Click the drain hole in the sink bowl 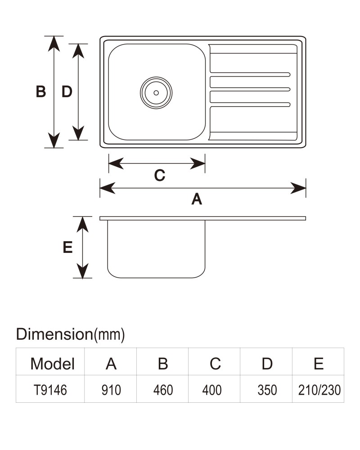tap(156, 93)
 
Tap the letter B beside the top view tap(41, 91)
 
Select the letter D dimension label tap(67, 91)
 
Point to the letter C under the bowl tap(160, 175)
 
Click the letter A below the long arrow tap(197, 199)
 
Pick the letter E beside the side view tap(68, 247)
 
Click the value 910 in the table tap(111, 390)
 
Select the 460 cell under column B tap(163, 390)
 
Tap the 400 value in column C tap(212, 390)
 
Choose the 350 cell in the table tap(267, 390)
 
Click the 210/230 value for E tap(319, 390)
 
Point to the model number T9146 tap(50, 390)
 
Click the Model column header tap(52, 364)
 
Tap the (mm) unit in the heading tap(109, 335)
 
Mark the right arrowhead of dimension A tap(298, 188)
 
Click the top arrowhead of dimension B tap(54, 43)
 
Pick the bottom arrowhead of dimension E tap(82, 271)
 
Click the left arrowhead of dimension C tap(116, 163)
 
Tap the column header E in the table tap(319, 364)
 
